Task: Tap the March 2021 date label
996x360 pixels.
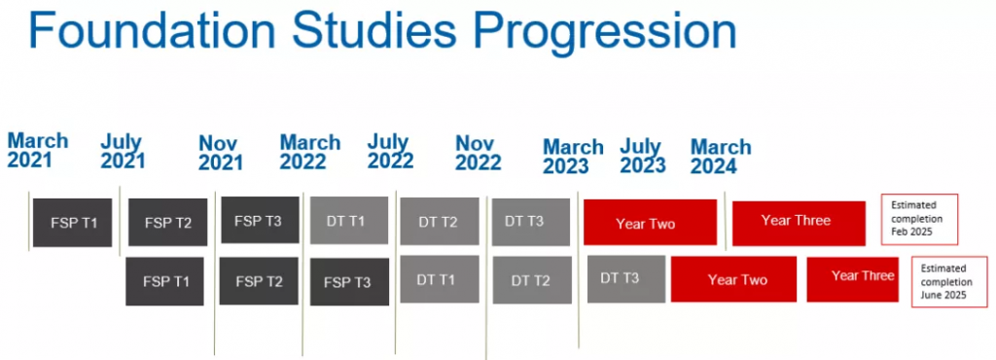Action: point(38,150)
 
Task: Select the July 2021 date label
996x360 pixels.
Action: point(123,152)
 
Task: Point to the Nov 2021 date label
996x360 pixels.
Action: point(221,153)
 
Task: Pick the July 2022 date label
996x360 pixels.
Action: point(390,151)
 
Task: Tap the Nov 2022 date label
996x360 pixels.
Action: point(479,153)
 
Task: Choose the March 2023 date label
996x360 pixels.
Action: point(573,157)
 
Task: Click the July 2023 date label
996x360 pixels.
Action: point(643,157)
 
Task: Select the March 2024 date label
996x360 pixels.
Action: point(721,157)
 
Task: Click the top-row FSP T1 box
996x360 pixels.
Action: point(72,223)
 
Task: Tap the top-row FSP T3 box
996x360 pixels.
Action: point(260,220)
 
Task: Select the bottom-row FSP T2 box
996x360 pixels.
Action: point(259,280)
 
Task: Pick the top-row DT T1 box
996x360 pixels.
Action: point(349,220)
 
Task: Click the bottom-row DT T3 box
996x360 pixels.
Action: point(626,278)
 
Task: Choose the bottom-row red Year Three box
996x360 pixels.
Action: point(852,279)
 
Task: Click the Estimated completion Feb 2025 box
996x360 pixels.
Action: point(919,219)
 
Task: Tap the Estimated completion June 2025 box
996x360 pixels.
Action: point(949,282)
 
